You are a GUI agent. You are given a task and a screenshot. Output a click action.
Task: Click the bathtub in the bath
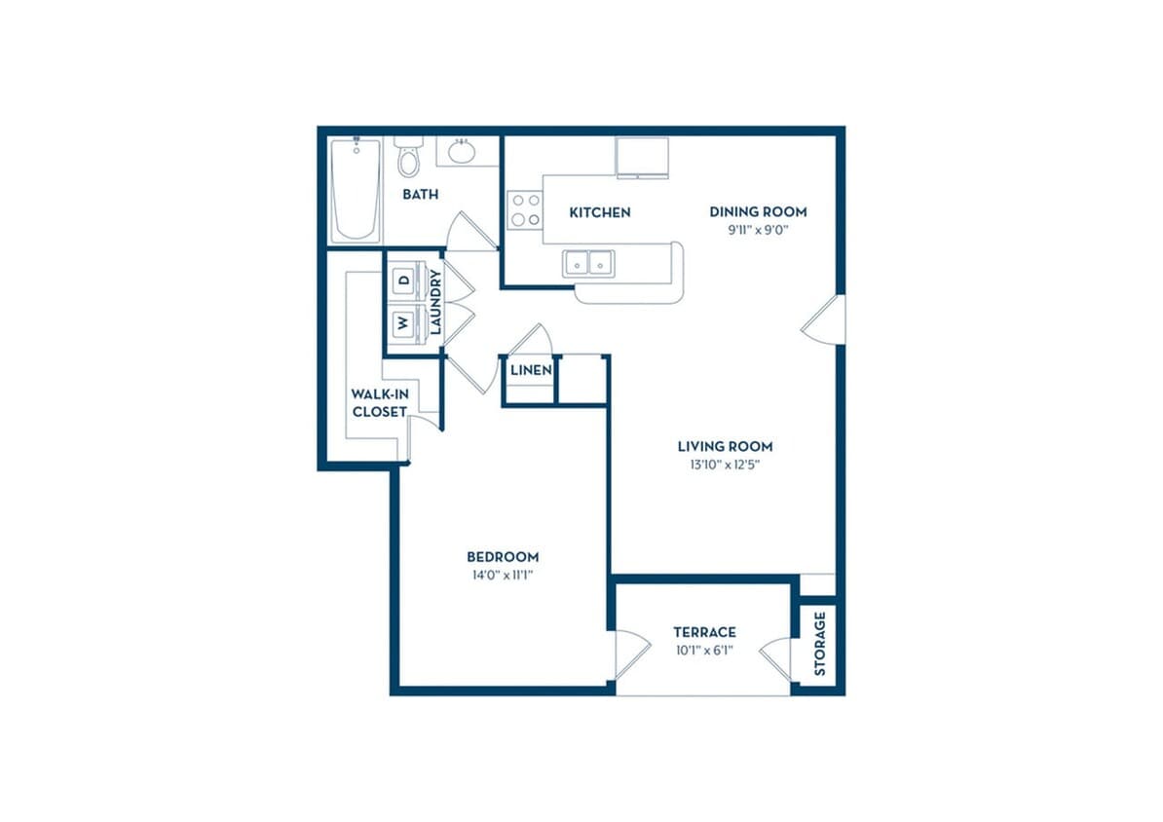tap(356, 190)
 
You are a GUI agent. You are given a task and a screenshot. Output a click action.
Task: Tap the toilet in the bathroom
tap(407, 155)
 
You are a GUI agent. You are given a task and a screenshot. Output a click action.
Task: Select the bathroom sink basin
tap(462, 152)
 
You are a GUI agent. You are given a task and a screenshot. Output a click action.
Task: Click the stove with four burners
tap(525, 209)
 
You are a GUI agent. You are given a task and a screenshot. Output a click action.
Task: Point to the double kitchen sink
tap(588, 263)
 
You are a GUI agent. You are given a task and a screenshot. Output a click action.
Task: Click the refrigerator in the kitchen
tap(642, 158)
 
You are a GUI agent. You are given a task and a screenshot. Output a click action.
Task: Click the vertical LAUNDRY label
tap(436, 301)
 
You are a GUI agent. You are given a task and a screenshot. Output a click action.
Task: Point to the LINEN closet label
tap(531, 369)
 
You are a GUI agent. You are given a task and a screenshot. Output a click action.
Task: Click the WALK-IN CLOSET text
tap(380, 403)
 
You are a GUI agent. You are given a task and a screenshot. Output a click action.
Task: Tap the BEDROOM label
tap(503, 556)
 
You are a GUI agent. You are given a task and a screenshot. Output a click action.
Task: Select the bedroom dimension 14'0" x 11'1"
tap(503, 575)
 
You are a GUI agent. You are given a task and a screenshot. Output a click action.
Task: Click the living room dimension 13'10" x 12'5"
tap(725, 466)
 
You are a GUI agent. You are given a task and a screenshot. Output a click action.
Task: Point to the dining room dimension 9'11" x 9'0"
tap(758, 230)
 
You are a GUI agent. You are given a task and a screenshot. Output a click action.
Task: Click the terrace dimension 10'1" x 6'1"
tap(704, 651)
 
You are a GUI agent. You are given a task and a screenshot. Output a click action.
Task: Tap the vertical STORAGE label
tap(819, 643)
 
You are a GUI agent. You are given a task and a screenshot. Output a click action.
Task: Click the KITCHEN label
tap(600, 212)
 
